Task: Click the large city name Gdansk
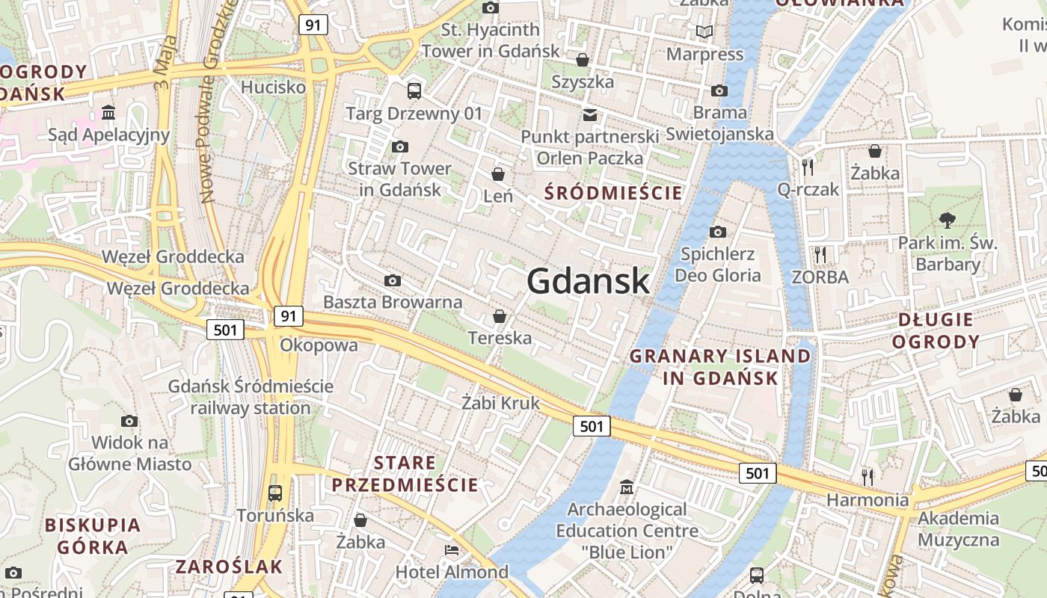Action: (x=588, y=281)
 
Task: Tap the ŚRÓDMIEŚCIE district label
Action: (x=613, y=193)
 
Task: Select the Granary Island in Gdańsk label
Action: (x=720, y=366)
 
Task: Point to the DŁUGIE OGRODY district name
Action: (x=938, y=330)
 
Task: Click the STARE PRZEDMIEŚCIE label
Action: (x=405, y=473)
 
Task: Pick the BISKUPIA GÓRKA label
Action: (x=93, y=535)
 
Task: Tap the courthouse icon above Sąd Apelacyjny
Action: (x=108, y=113)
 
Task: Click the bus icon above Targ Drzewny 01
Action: (x=414, y=91)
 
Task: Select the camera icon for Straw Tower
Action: (x=400, y=147)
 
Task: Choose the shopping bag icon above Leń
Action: (x=498, y=175)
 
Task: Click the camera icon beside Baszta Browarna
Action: (x=392, y=281)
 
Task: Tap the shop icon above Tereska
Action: (x=500, y=316)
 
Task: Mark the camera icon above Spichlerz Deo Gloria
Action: (x=718, y=232)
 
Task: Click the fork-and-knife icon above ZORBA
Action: (x=820, y=255)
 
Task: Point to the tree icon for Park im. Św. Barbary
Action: (x=948, y=220)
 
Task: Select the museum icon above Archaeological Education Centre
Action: (x=627, y=487)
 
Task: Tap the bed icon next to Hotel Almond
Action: (x=452, y=550)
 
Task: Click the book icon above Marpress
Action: (x=704, y=31)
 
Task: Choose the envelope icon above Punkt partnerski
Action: (x=590, y=114)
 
